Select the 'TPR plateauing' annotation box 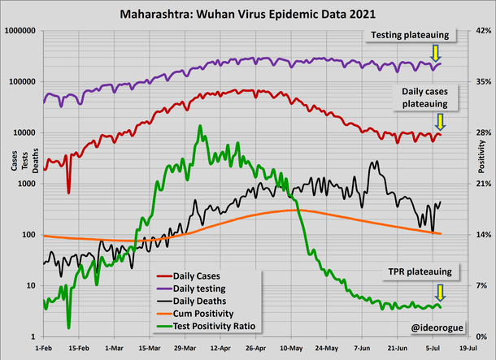click(x=419, y=271)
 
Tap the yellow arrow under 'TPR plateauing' click(x=440, y=292)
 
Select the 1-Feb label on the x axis click(x=42, y=347)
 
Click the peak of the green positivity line click(x=200, y=127)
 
